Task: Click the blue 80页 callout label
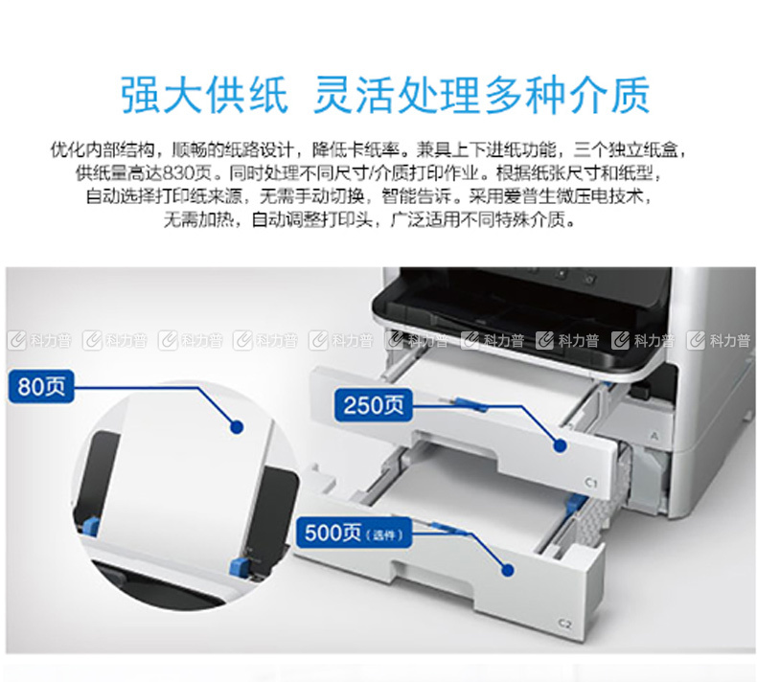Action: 41,386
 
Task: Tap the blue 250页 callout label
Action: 373,404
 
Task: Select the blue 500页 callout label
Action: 354,533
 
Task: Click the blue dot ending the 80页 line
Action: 237,426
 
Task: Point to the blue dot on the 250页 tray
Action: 560,445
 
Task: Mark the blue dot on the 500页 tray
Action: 508,570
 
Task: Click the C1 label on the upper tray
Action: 591,482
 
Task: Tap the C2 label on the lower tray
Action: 564,625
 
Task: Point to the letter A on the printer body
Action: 654,437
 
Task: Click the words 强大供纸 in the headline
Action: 204,95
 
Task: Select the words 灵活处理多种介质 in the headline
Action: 481,95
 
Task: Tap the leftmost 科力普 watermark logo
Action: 39,341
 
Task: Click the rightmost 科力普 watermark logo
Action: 720,341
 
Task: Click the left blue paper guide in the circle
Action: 90,527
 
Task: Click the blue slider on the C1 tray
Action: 466,402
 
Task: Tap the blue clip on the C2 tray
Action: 574,503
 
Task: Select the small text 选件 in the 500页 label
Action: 384,535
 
